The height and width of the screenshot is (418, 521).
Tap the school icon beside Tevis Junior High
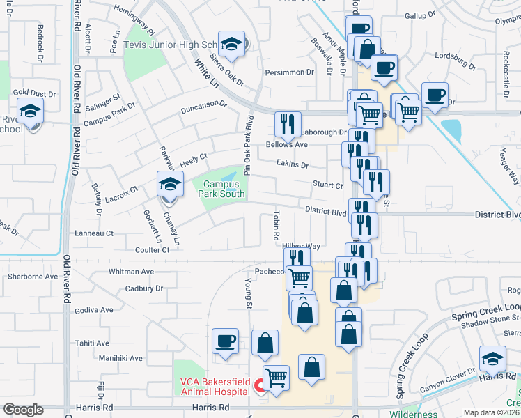231,45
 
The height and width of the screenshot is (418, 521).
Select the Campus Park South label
221,189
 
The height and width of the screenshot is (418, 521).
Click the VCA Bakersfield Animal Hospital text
215,386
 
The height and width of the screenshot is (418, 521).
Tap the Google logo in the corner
23,410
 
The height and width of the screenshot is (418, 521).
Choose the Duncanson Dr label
203,109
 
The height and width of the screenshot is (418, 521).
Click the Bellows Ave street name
286,145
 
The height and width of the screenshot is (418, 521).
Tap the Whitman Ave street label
131,272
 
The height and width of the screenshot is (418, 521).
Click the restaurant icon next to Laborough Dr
287,125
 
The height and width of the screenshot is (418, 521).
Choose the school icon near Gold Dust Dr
31,111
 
